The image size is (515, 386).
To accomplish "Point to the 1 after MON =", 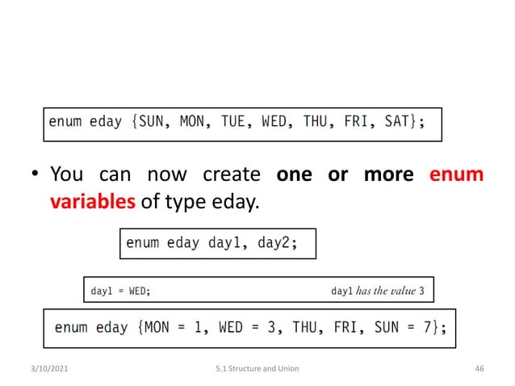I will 202,327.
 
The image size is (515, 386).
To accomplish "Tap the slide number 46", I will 480,369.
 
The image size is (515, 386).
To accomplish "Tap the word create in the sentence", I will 231,174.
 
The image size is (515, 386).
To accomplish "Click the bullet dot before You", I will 36,175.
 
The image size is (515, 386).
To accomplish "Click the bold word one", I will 295,174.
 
